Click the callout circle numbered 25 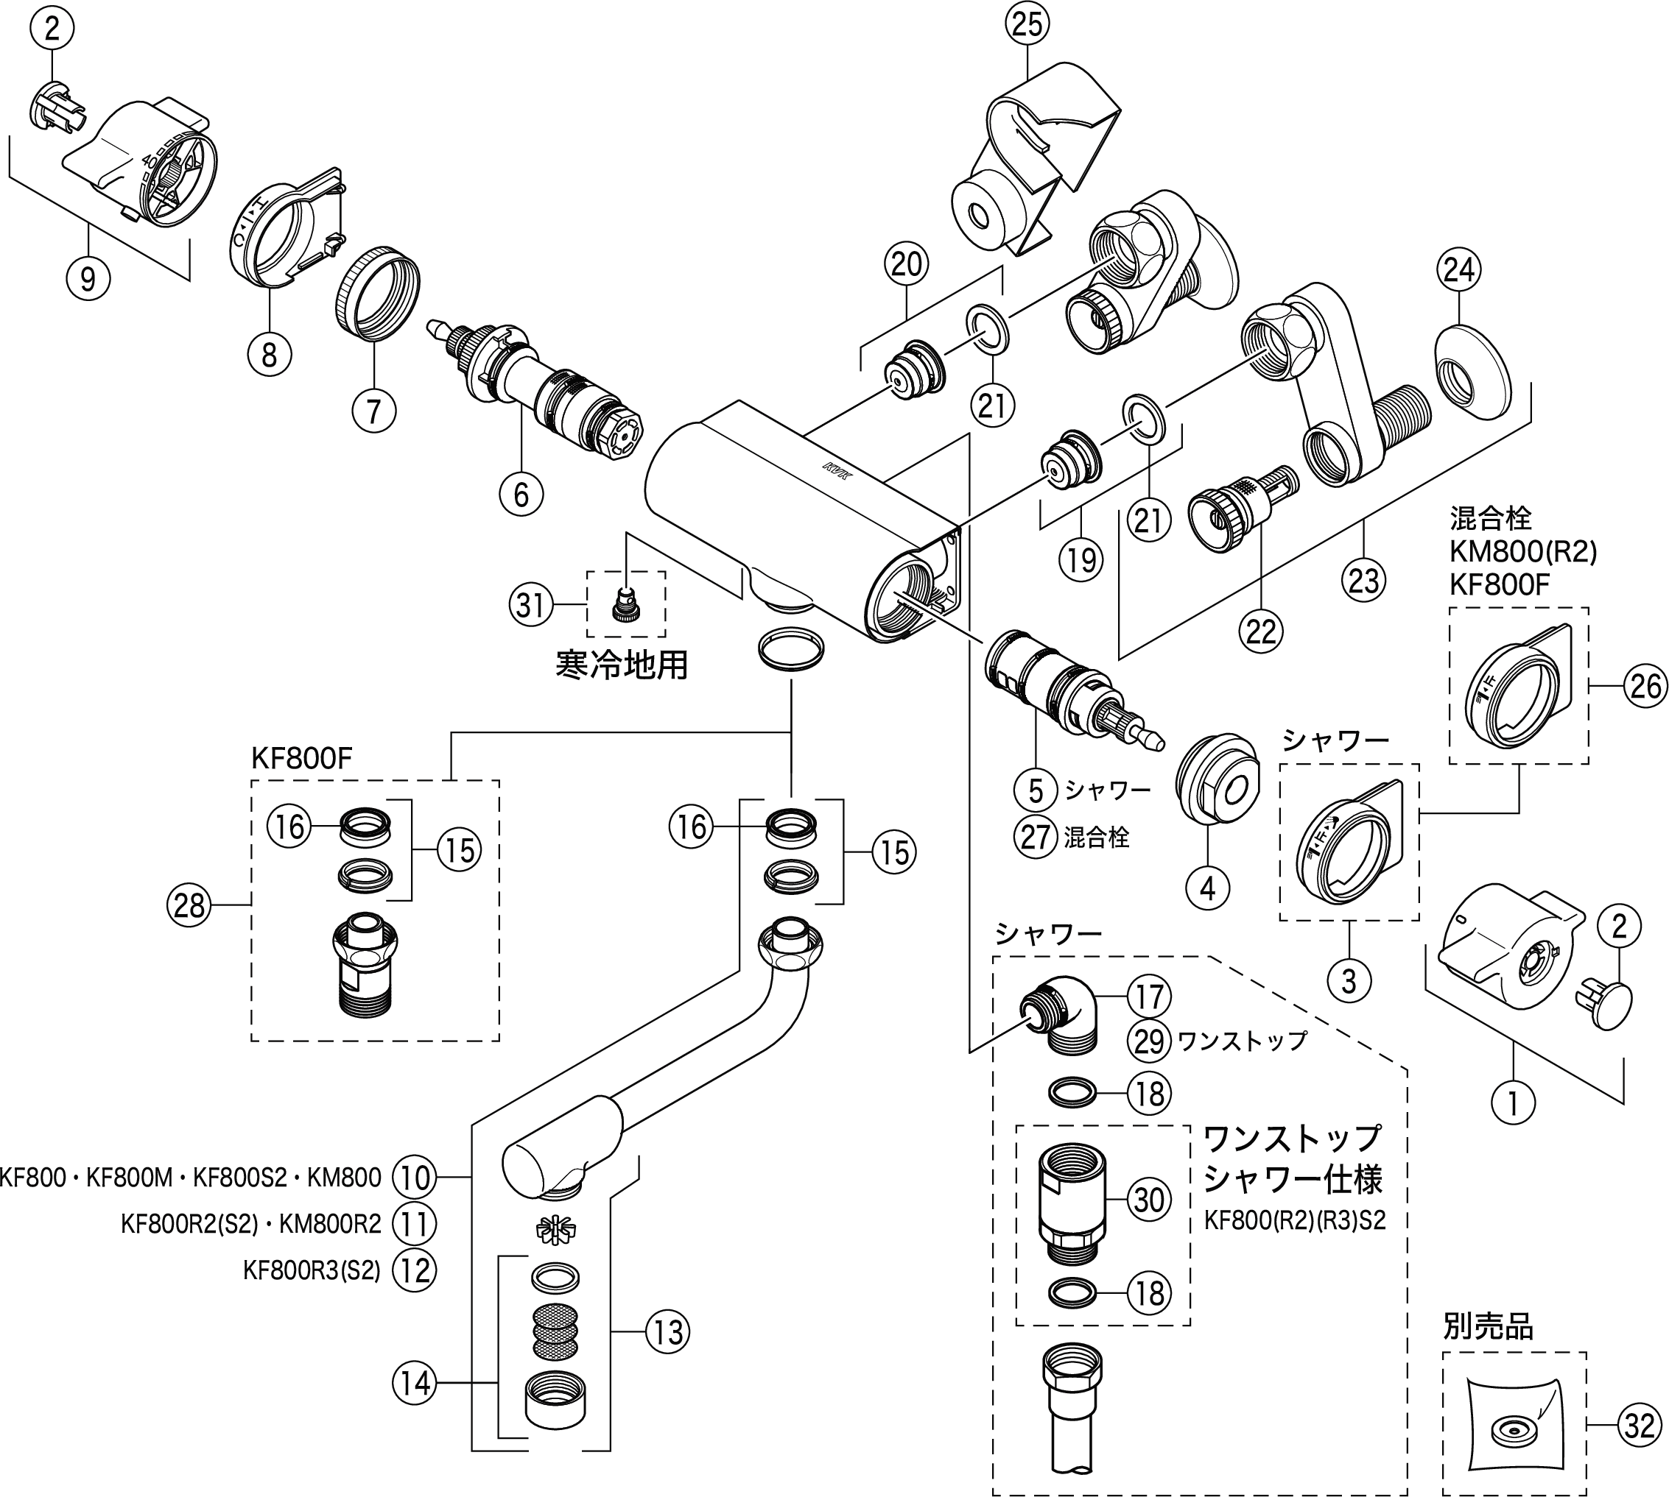[x=1027, y=25]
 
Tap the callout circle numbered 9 [x=87, y=279]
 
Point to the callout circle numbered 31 [x=531, y=604]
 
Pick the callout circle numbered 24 [x=1458, y=270]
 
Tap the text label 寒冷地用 [x=622, y=664]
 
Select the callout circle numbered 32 [x=1639, y=1425]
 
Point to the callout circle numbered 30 [x=1149, y=1199]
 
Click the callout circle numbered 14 [x=414, y=1383]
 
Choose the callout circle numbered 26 [x=1645, y=685]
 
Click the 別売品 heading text [x=1488, y=1328]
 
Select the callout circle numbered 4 [x=1207, y=888]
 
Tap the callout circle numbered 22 [x=1261, y=631]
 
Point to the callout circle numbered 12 [x=414, y=1270]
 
